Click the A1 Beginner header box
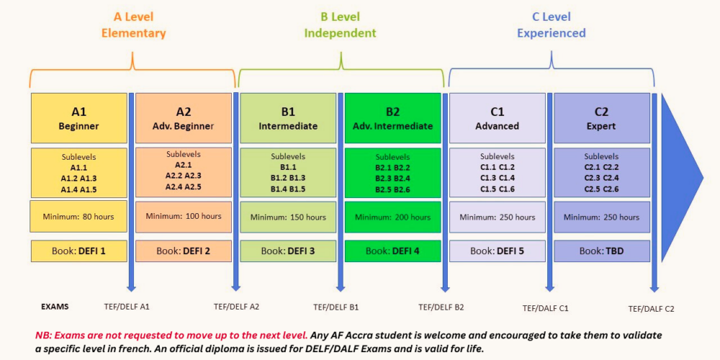click(79, 118)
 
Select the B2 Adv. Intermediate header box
click(392, 118)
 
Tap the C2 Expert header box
click(602, 118)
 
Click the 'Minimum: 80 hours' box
click(78, 216)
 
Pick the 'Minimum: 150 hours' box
click(289, 217)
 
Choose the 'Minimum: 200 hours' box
click(392, 217)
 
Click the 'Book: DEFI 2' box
click(184, 251)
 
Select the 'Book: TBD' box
click(602, 251)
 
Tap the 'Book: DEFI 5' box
click(498, 251)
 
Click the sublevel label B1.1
click(288, 168)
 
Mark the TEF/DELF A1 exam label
click(127, 307)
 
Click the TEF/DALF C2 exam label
click(651, 309)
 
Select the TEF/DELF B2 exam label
click(441, 307)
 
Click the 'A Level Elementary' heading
click(134, 25)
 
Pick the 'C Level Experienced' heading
click(552, 25)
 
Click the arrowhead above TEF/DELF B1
click(341, 288)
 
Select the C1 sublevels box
click(498, 173)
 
